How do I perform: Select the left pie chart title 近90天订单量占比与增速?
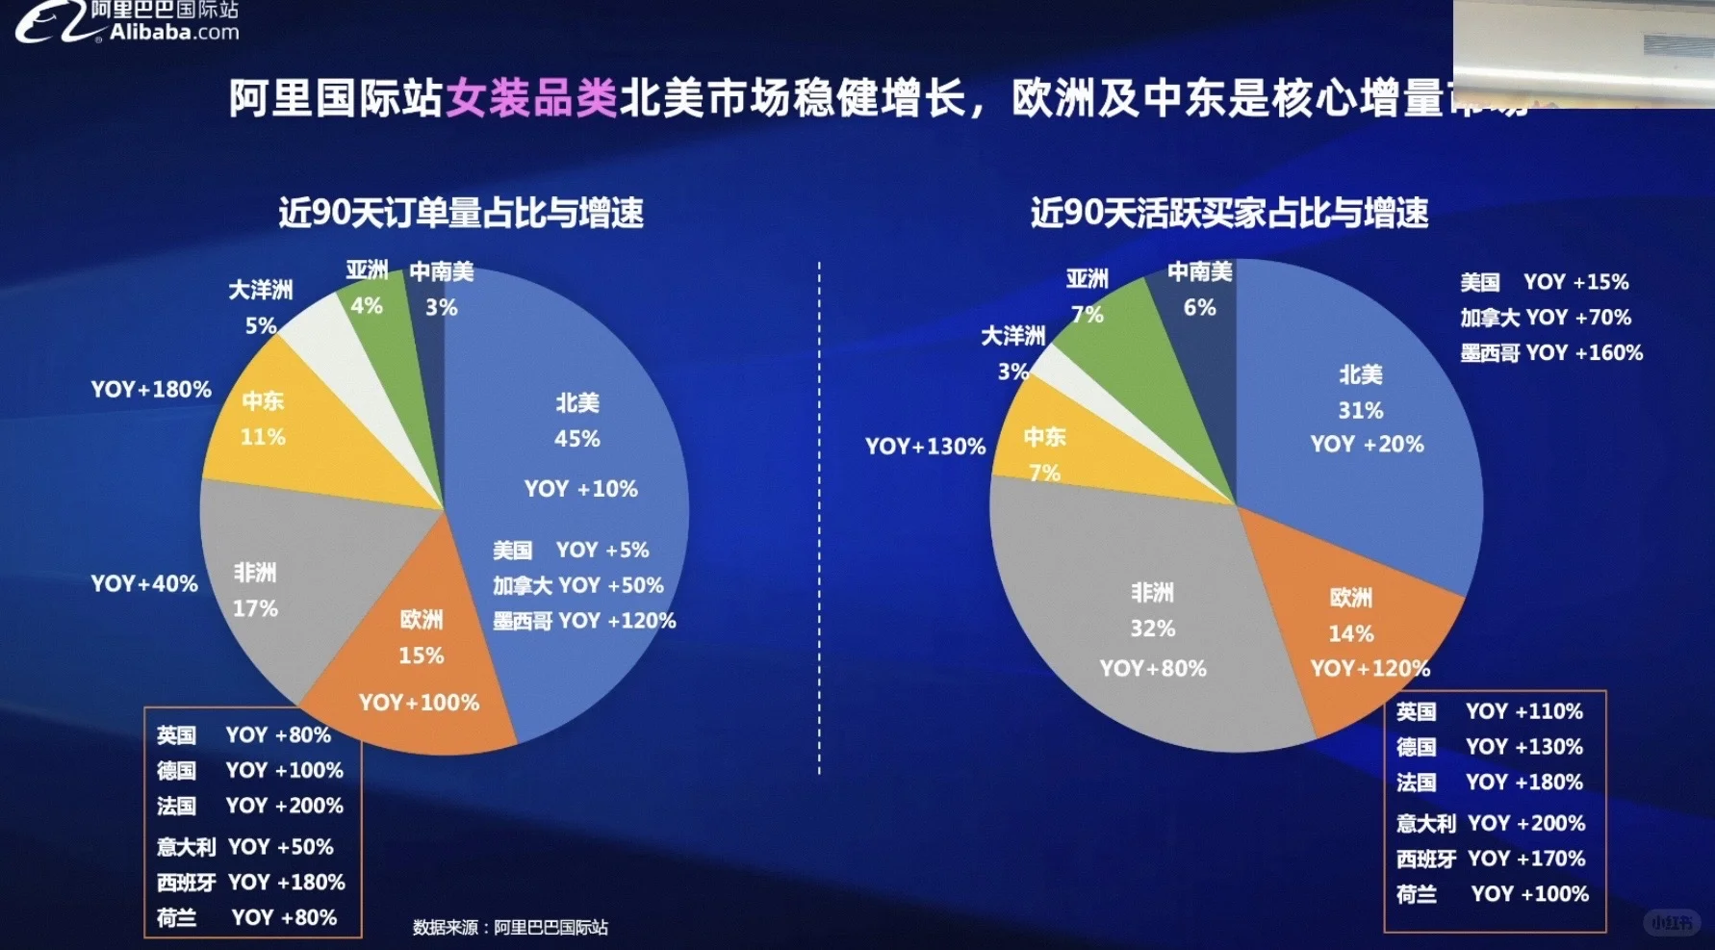[x=461, y=213]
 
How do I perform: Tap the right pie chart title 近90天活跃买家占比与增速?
[x=1229, y=213]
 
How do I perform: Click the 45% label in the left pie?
[x=576, y=439]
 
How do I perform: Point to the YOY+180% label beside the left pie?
[x=151, y=390]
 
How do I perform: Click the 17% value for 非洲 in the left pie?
[x=255, y=608]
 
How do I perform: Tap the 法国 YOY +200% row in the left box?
[x=250, y=806]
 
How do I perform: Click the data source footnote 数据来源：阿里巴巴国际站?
[x=510, y=927]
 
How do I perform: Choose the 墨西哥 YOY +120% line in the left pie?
[x=584, y=621]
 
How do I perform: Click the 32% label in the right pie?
[x=1152, y=629]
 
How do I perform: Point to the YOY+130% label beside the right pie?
[x=925, y=447]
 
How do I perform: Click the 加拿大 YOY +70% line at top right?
[x=1545, y=318]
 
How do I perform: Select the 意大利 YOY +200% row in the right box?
[x=1491, y=823]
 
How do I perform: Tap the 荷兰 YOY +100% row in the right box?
[x=1491, y=894]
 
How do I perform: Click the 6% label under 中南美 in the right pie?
[x=1199, y=308]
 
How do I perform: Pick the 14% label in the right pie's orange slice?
[x=1350, y=633]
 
